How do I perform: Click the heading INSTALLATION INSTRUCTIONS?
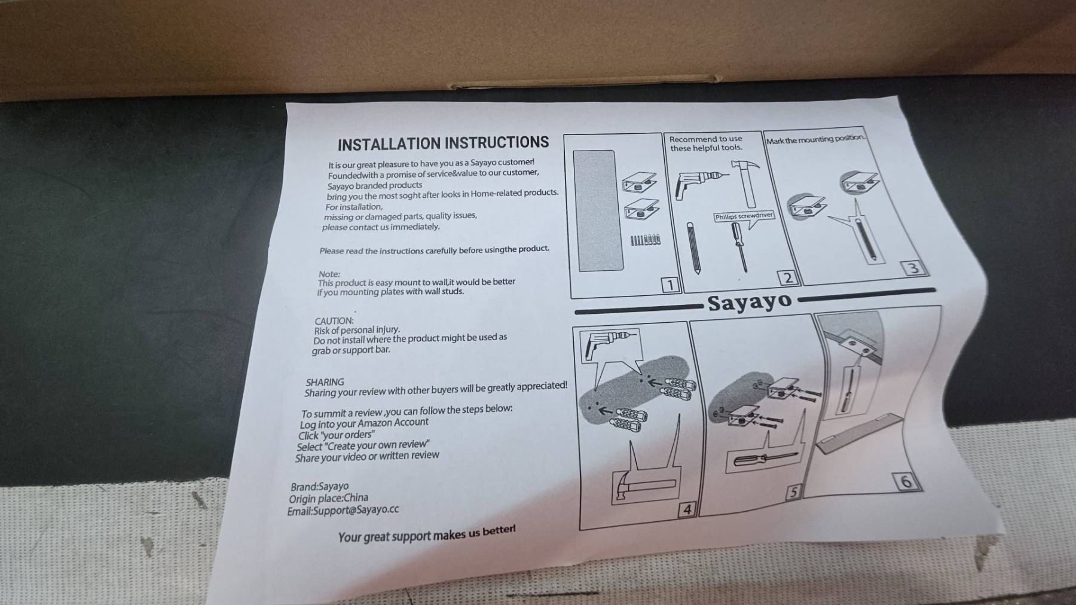point(443,143)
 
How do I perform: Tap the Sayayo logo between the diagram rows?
point(750,302)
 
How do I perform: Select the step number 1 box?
point(671,285)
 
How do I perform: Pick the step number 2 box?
point(788,278)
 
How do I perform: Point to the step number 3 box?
point(913,268)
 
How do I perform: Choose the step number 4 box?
point(687,509)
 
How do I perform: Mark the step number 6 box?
point(906,481)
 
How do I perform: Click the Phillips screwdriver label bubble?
point(744,216)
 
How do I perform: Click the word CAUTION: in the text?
point(334,321)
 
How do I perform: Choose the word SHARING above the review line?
point(325,382)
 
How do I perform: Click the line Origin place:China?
point(328,499)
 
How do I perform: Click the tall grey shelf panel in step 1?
point(594,210)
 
